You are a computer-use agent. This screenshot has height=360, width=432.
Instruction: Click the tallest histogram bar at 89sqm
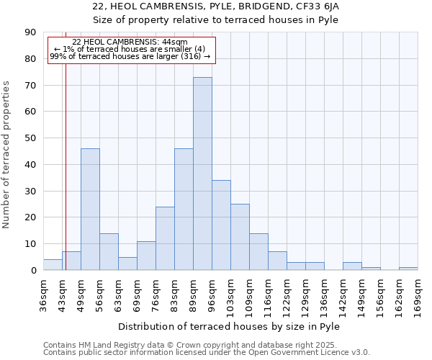202,174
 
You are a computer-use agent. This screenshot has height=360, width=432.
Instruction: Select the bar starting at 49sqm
90,209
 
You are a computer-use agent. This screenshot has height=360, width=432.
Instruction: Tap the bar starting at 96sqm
221,225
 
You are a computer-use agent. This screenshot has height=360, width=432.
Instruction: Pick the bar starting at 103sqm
240,237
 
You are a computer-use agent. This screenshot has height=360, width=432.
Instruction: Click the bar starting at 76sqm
165,238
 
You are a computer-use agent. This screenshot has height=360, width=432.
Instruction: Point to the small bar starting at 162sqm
408,269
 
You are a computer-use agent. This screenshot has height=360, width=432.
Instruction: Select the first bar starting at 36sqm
53,265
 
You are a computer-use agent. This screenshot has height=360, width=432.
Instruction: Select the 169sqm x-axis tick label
418,295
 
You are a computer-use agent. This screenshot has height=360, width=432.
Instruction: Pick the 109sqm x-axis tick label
249,295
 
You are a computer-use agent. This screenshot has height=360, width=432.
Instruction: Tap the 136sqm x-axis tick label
324,295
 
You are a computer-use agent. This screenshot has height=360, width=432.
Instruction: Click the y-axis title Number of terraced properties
6,154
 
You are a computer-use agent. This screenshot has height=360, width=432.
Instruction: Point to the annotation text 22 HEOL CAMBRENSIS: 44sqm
130,42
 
